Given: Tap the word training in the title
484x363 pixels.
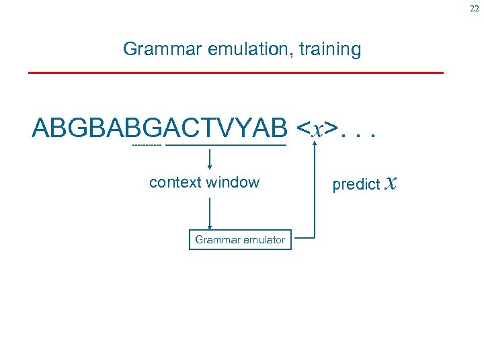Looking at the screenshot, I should click(333, 49).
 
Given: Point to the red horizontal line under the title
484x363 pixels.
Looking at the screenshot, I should click(235, 72).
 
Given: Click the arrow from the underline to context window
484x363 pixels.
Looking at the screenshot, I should click(210, 159).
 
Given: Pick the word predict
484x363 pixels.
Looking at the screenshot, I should click(356, 185).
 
